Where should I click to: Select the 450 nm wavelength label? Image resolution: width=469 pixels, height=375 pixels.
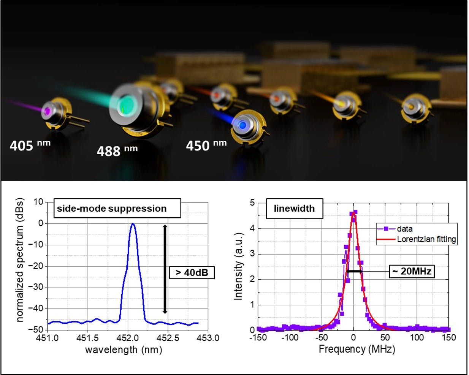[206, 145]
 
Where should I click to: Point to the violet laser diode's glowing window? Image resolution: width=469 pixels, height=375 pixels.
[48, 110]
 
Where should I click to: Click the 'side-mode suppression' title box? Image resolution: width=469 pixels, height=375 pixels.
[112, 209]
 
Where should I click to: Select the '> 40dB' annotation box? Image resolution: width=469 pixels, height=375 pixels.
[192, 272]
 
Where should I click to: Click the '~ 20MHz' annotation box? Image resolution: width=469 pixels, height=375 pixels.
[412, 271]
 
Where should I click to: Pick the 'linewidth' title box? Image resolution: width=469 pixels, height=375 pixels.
[294, 209]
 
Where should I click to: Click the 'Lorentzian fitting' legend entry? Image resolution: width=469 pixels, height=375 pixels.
[426, 239]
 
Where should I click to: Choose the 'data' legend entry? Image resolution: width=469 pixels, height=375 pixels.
[404, 229]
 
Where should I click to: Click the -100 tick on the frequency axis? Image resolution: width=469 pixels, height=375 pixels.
[290, 338]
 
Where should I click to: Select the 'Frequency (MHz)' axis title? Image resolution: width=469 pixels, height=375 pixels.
[357, 349]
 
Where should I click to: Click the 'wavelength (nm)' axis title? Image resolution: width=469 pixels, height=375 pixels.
[124, 350]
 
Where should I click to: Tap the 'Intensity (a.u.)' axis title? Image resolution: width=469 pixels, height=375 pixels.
[238, 266]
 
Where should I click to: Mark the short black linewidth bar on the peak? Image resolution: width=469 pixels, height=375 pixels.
[354, 271]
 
